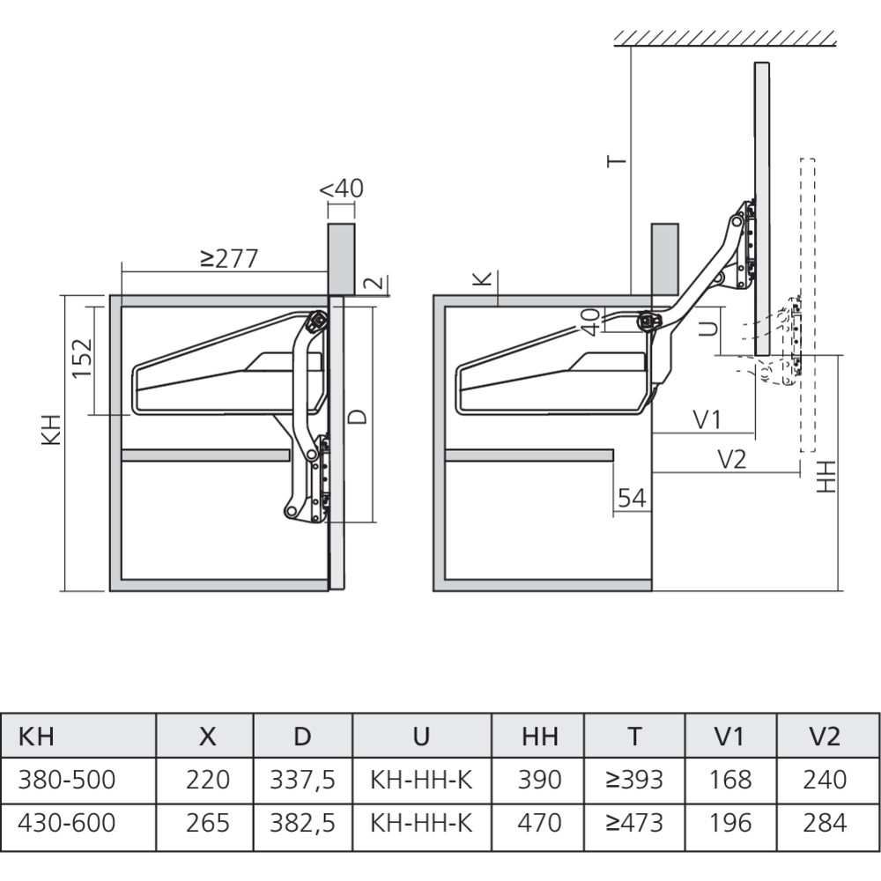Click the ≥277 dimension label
[228, 258]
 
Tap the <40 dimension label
[341, 189]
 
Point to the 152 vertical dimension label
[82, 358]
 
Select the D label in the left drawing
[357, 416]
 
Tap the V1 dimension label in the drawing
[707, 420]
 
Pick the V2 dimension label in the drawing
[732, 459]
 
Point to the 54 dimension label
[631, 498]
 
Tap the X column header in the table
[207, 737]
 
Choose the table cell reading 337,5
[303, 780]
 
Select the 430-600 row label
[67, 823]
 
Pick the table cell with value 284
[825, 823]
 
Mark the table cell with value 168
[730, 780]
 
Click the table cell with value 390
[540, 780]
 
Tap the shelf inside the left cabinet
[205, 455]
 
